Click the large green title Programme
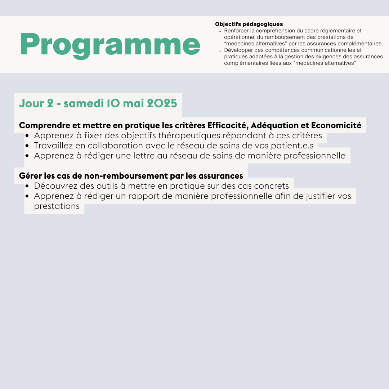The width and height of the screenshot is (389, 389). (110, 45)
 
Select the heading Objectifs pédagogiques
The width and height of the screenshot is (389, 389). (249, 24)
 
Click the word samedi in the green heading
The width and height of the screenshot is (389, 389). (84, 103)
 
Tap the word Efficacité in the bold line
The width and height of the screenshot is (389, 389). (227, 125)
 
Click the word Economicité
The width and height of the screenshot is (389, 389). (336, 125)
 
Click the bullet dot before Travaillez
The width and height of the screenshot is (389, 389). (27, 146)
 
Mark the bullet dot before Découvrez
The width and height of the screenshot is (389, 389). (27, 186)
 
